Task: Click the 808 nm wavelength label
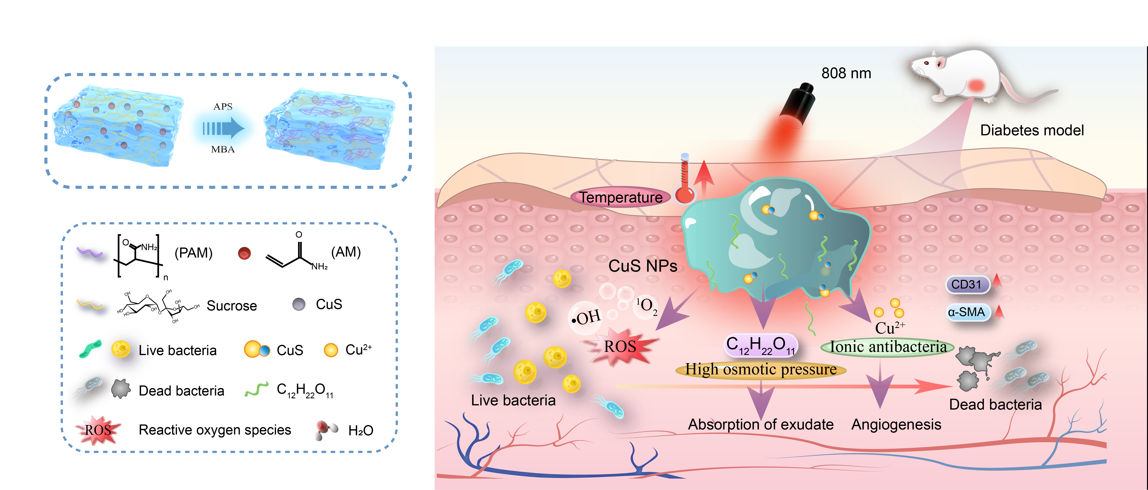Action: [x=846, y=73]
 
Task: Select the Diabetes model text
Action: [x=1032, y=130]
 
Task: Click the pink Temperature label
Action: [x=621, y=197]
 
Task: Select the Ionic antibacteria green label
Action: [x=888, y=347]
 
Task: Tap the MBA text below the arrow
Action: [x=223, y=149]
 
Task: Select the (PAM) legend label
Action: [x=194, y=253]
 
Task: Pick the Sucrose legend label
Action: [x=232, y=306]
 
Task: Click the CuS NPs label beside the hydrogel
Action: [x=643, y=266]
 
